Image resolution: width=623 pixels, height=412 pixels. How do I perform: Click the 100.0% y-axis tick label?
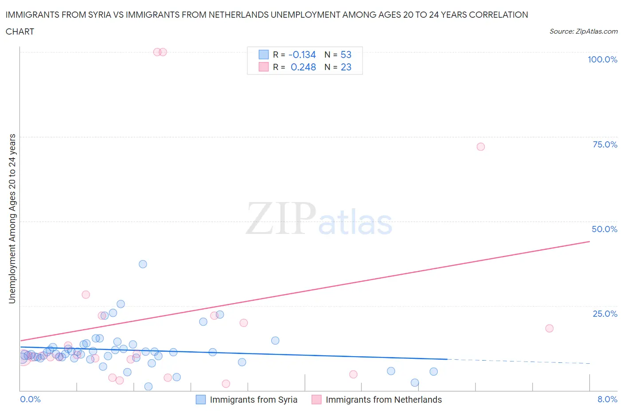[602, 59]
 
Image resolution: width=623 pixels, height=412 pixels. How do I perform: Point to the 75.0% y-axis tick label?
[605, 144]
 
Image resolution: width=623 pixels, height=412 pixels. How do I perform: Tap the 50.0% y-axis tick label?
[604, 229]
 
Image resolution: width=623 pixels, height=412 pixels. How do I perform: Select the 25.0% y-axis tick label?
[605, 314]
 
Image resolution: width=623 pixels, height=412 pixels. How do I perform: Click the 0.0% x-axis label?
[30, 399]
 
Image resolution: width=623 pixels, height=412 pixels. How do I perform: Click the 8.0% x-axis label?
[607, 399]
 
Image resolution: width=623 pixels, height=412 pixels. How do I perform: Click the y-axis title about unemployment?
[12, 219]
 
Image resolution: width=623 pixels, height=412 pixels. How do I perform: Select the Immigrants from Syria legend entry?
[247, 400]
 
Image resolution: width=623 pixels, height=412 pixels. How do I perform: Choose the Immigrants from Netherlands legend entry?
[377, 400]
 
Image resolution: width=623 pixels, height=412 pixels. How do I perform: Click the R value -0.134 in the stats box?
[302, 54]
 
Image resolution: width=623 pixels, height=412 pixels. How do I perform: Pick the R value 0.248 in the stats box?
[303, 67]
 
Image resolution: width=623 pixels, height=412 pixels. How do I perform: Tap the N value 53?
[346, 54]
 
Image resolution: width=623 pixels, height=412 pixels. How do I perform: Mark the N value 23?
[346, 67]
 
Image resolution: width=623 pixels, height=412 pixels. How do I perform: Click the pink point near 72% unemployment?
[481, 147]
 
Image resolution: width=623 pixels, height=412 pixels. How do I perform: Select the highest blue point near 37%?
[143, 264]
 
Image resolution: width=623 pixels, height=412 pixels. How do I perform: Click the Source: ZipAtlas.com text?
[583, 31]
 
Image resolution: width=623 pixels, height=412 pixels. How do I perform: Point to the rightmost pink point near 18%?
[549, 328]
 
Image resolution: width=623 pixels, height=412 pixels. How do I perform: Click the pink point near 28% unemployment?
[86, 295]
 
